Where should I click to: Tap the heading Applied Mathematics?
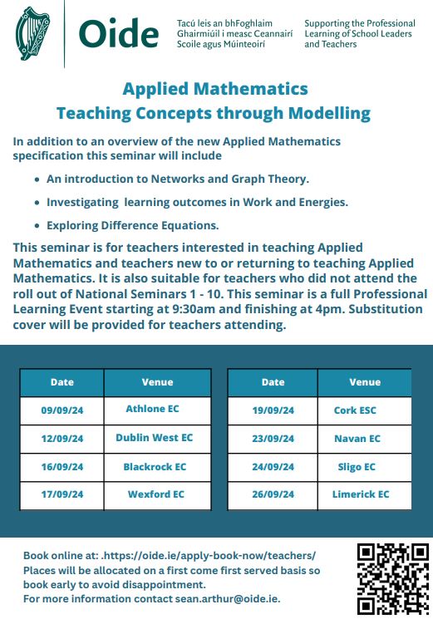click(214, 89)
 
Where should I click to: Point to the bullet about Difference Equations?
click(132, 224)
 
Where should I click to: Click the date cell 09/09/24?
click(62, 410)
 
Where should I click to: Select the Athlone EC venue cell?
click(152, 409)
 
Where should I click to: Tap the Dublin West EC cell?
click(154, 438)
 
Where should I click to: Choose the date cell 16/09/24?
click(62, 468)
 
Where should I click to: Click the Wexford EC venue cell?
click(155, 494)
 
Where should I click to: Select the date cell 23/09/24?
click(273, 439)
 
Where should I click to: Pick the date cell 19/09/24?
click(273, 410)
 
